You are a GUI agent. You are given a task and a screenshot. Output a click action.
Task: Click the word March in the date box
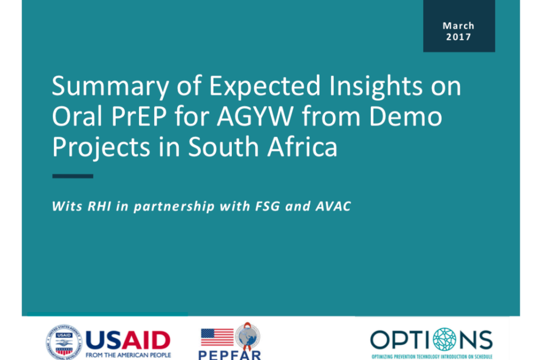[x=459, y=26]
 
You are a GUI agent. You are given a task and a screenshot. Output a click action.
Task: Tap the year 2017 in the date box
[x=459, y=37]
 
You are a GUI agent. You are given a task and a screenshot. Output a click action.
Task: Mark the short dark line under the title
[x=73, y=176]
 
